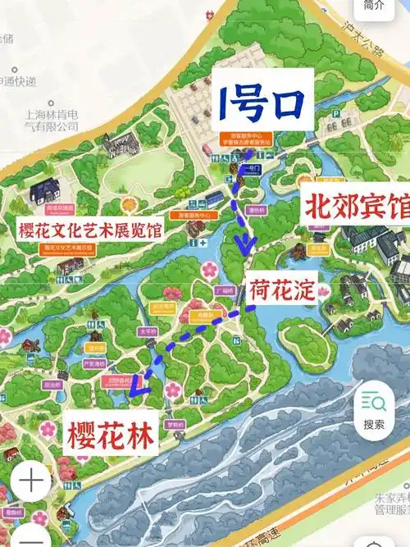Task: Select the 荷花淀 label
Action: [282, 287]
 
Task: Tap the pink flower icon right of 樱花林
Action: [173, 390]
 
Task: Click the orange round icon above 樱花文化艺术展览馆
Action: [127, 203]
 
